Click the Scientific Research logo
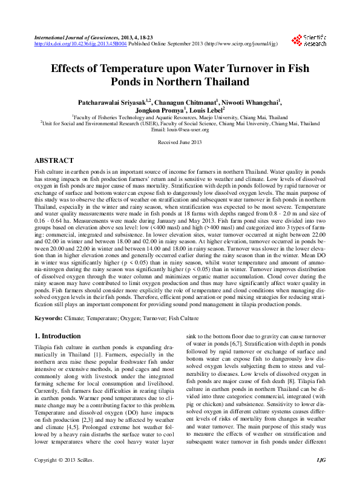[309, 40]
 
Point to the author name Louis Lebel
[206, 111]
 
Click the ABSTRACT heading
[54, 161]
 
